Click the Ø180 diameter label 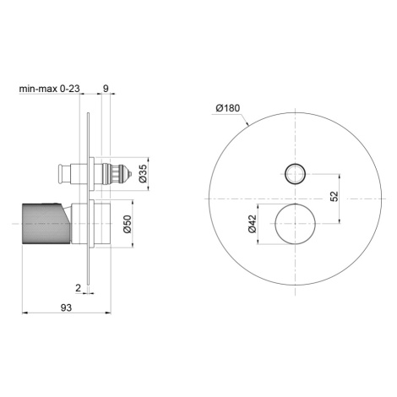(228, 108)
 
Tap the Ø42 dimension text (253, 224)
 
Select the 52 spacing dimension (334, 196)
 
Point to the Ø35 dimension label (143, 173)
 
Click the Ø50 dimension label (128, 224)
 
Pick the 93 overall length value (66, 307)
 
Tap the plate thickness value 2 (78, 288)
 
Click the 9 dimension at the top (106, 89)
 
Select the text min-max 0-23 (50, 89)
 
